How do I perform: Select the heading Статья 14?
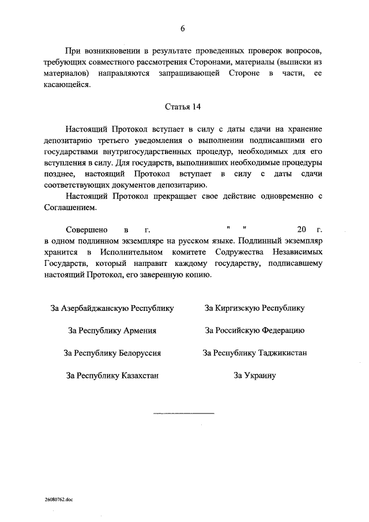point(183,107)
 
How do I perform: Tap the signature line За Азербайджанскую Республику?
point(112,308)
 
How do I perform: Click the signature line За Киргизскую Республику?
point(255,308)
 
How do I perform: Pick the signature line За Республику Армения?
point(112,331)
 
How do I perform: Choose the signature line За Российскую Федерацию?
point(255,331)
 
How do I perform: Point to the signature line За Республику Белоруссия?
point(112,353)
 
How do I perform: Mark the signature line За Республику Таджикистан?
point(255,353)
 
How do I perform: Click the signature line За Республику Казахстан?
point(112,375)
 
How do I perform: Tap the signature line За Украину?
point(255,375)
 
